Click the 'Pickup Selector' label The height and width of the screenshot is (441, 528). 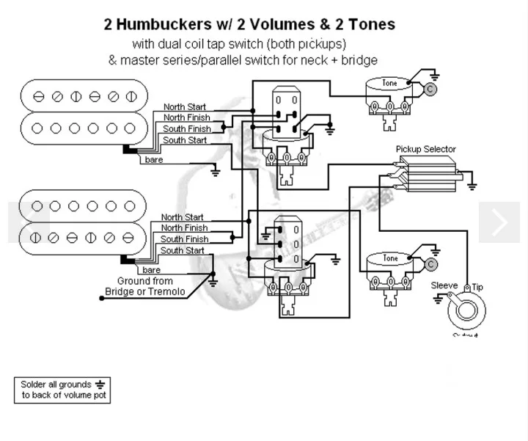pyautogui.click(x=425, y=149)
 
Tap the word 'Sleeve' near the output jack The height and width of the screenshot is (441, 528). pyautogui.click(x=444, y=285)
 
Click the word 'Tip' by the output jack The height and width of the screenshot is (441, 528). pyautogui.click(x=477, y=286)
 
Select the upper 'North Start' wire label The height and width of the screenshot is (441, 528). pyautogui.click(x=185, y=106)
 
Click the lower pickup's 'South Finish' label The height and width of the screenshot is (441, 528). pyautogui.click(x=184, y=239)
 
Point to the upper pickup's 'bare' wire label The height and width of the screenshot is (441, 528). pyautogui.click(x=154, y=160)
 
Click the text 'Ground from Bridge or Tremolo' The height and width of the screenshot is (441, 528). pyautogui.click(x=144, y=286)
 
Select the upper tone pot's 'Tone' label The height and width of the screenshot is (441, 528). pyautogui.click(x=390, y=84)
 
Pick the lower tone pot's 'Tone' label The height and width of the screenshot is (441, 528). pyautogui.click(x=390, y=259)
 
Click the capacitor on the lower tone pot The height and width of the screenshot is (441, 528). pyautogui.click(x=431, y=263)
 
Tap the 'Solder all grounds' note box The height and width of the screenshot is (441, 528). pyautogui.click(x=62, y=390)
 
